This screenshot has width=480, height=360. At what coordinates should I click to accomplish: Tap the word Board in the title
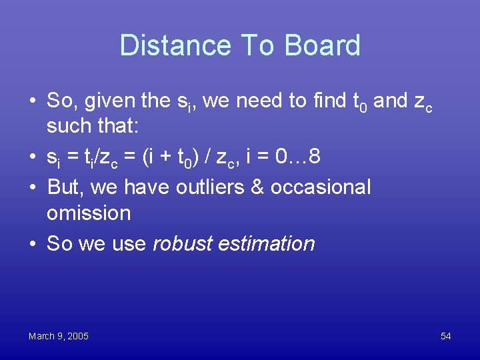tap(323, 45)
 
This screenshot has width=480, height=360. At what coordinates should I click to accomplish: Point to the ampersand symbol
tap(259, 187)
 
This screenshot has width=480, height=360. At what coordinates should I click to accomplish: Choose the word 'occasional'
tap(321, 187)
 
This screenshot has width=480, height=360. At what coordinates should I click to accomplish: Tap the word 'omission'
tap(89, 213)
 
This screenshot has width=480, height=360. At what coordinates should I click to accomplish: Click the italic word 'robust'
tap(185, 243)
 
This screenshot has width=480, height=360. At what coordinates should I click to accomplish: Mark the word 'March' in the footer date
tap(41, 336)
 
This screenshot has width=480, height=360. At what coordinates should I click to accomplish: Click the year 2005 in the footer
tap(78, 336)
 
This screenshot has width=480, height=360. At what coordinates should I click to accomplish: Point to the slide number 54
tap(445, 336)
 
